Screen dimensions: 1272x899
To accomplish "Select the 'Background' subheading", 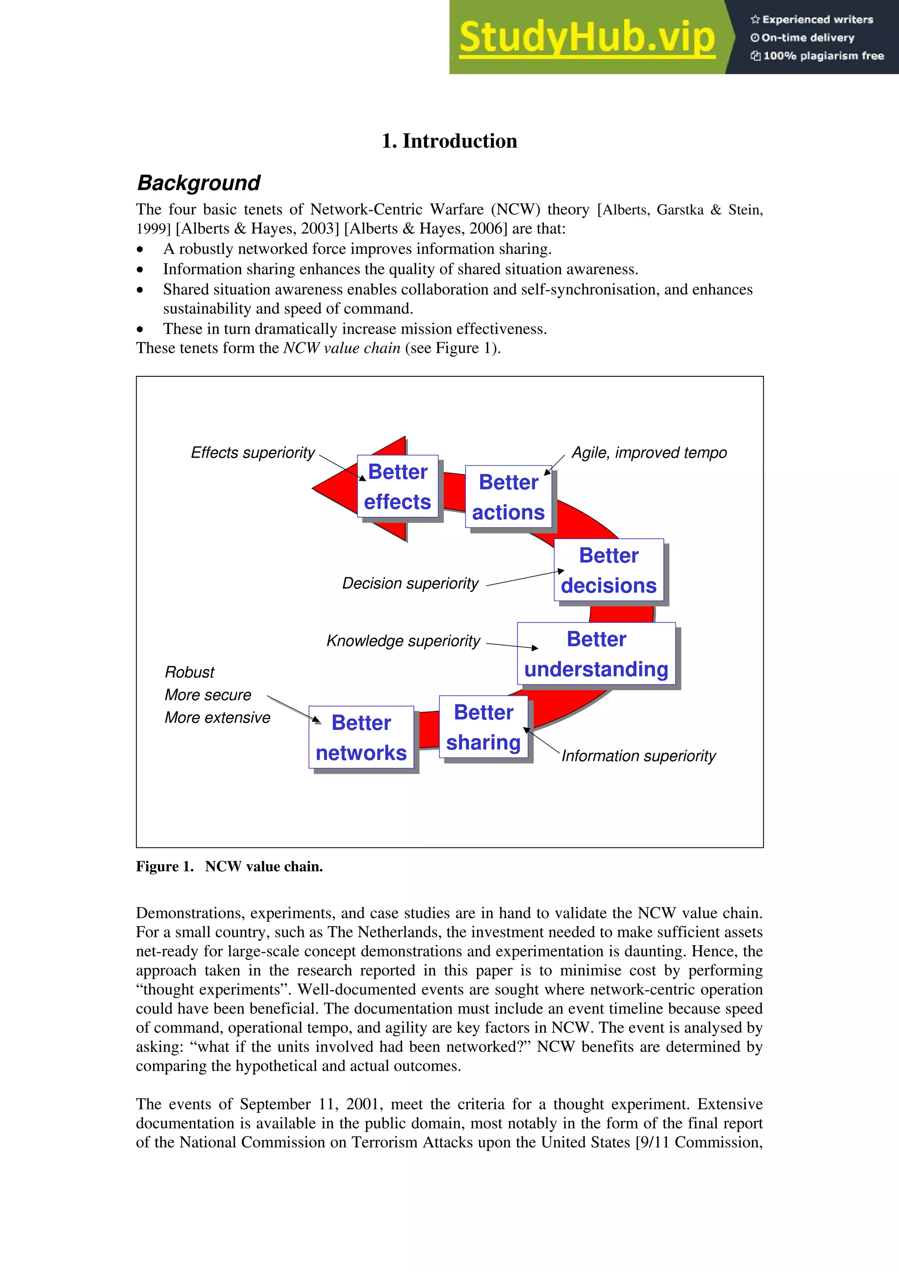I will point(198,183).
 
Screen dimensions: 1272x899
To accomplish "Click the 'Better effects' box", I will point(397,486).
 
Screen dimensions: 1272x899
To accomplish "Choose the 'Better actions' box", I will point(508,497).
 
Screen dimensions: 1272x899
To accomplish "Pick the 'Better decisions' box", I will point(608,570).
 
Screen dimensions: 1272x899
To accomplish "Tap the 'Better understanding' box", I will point(596,654).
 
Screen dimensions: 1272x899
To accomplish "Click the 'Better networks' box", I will point(361,737).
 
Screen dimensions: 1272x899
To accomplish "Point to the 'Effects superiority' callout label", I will point(252,453).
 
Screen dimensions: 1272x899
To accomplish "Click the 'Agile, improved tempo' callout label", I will point(649,453).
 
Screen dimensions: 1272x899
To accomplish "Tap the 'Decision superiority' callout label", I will point(410,584).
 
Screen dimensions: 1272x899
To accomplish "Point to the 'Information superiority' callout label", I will point(638,756).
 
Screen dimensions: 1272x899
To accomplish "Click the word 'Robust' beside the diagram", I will point(190,673).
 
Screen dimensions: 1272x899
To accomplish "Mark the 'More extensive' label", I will point(217,717).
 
